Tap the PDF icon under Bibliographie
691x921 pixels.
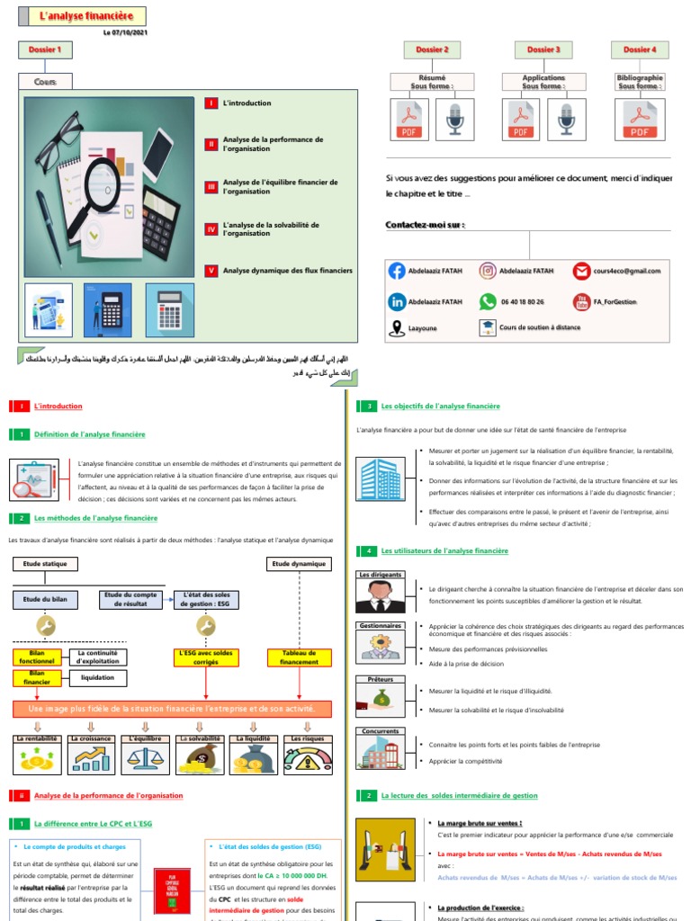click(640, 120)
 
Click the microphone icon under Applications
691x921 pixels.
click(566, 120)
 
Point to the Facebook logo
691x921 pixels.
click(397, 271)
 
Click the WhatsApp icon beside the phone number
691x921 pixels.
click(488, 302)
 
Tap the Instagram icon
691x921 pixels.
click(488, 271)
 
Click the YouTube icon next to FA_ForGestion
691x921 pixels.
click(581, 302)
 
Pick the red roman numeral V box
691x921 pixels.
click(211, 270)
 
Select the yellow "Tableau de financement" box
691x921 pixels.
click(300, 657)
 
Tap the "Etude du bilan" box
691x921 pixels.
click(45, 599)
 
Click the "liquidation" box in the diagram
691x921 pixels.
click(98, 677)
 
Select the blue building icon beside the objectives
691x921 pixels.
click(380, 478)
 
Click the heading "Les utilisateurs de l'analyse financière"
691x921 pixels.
click(444, 550)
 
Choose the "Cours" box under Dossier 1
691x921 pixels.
click(45, 82)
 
